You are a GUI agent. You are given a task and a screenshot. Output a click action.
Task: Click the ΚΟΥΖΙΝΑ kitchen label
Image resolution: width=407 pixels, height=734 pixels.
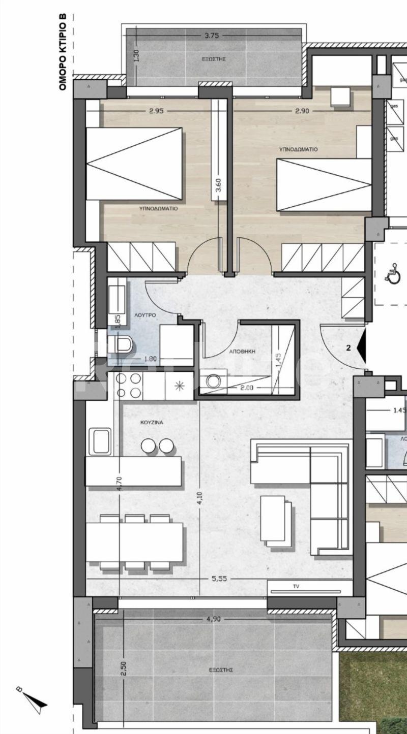coord(151,422)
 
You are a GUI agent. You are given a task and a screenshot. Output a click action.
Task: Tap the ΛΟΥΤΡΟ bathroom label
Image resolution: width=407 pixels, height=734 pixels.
coord(145,315)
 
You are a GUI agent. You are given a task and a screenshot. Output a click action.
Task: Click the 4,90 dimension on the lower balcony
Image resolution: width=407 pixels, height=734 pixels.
coord(214,619)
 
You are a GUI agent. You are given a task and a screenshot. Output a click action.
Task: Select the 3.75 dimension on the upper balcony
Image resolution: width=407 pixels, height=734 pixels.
coord(212,36)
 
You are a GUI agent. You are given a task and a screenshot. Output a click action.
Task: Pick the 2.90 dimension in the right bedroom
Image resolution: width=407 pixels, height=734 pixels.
coord(306,111)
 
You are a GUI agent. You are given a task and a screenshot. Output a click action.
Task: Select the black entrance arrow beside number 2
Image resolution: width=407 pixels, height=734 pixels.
coord(362,348)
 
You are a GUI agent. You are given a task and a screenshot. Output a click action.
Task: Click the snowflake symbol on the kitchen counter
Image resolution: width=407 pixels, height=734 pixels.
coord(179,385)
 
